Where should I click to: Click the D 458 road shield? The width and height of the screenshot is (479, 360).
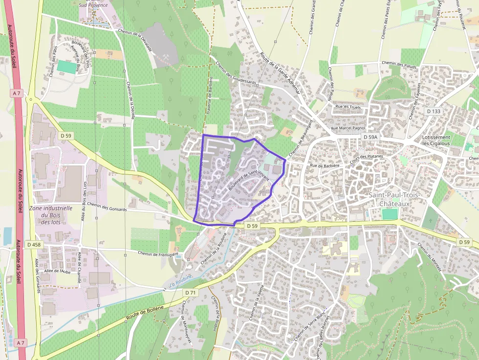34,244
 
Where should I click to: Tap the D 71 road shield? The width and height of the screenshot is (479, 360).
191,292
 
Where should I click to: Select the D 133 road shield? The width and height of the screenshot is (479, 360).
434,111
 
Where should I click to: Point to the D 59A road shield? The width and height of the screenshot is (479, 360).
370,137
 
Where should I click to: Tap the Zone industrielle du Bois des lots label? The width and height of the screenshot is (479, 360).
51,215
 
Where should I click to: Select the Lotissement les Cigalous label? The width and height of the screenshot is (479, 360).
436,141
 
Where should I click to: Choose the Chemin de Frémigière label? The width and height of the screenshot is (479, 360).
158,254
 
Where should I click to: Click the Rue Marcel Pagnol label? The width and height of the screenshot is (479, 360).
348,128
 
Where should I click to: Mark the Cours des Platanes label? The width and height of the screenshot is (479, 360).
366,159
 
